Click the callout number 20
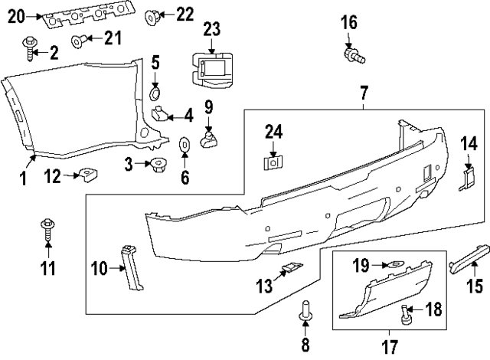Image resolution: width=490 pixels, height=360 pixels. pos(15,14)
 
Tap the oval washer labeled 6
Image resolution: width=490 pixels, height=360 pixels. pos(185,145)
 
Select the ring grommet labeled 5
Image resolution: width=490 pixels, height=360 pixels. pos(155,93)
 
